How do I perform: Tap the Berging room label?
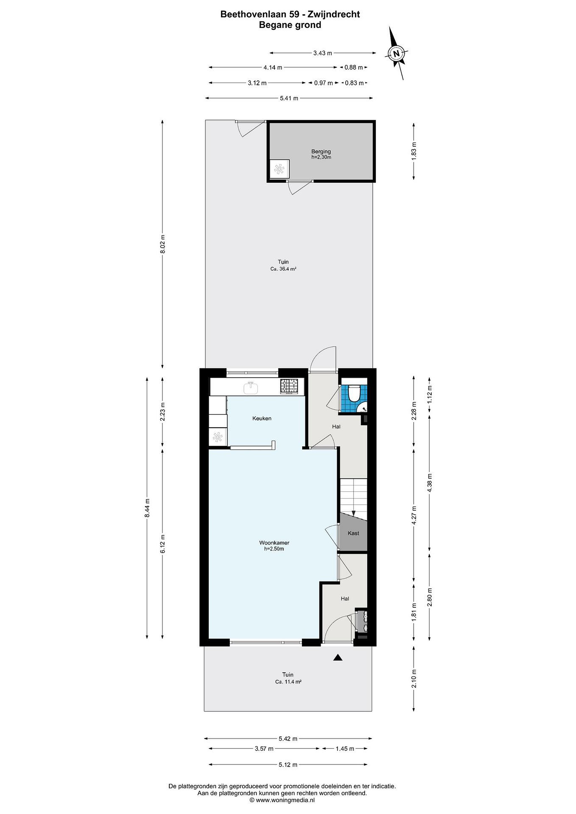[321, 151]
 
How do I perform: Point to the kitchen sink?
[251, 387]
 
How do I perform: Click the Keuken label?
[262, 418]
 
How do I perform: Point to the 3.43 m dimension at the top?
[322, 53]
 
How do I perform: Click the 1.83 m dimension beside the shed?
[414, 151]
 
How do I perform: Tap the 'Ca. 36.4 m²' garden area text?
[283, 269]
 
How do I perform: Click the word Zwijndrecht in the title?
[334, 14]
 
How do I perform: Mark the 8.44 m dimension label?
[147, 508]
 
